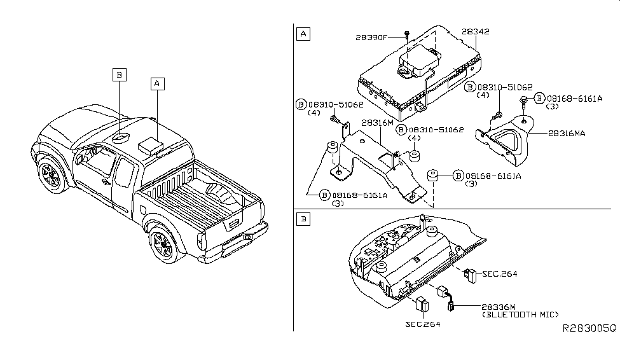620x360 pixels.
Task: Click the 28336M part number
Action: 499,307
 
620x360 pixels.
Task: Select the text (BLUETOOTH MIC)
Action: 521,315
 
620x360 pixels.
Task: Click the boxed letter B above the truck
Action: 119,74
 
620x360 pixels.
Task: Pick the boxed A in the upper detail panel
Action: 303,34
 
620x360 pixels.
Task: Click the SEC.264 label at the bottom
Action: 422,324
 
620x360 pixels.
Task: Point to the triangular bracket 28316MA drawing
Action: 513,140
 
